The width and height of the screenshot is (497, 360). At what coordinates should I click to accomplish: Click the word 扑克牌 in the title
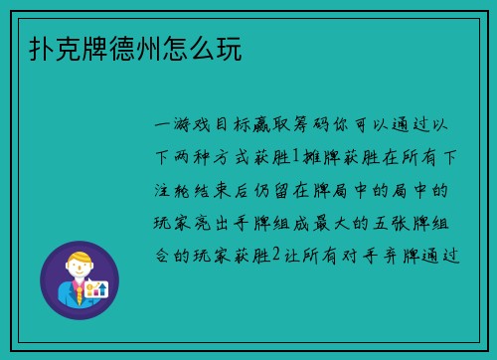tap(55, 48)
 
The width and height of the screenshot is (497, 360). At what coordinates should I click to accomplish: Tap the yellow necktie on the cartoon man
tap(80, 292)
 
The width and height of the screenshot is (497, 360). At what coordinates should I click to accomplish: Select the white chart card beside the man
tap(98, 290)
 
